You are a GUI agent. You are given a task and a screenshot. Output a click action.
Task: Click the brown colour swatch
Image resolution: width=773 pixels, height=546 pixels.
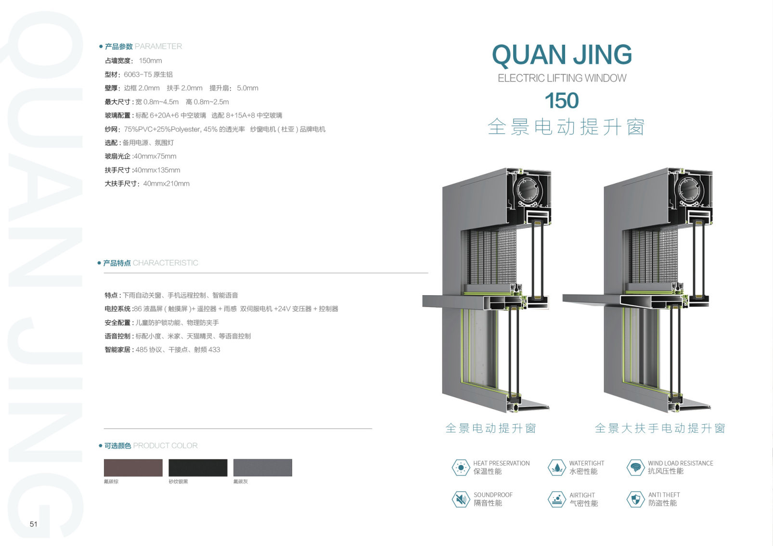(x=133, y=468)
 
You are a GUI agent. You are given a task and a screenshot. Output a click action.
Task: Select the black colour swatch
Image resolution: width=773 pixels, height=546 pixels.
(x=198, y=468)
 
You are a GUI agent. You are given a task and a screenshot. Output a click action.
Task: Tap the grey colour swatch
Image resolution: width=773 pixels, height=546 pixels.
(x=262, y=468)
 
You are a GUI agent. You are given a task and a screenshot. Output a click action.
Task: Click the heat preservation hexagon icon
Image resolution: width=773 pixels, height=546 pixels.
(x=461, y=468)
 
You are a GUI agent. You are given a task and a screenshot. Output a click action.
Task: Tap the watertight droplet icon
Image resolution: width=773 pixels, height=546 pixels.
(x=557, y=468)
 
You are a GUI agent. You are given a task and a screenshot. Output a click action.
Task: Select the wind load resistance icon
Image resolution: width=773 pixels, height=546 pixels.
(x=635, y=468)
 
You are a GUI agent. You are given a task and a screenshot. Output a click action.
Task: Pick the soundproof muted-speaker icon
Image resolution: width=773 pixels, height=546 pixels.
(x=461, y=499)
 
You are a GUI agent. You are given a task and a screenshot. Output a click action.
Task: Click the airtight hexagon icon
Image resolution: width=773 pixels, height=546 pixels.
(x=557, y=499)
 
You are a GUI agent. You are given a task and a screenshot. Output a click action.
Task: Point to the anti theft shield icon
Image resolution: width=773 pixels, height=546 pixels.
(x=635, y=499)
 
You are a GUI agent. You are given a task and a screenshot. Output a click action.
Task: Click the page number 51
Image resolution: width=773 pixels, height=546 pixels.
(x=33, y=524)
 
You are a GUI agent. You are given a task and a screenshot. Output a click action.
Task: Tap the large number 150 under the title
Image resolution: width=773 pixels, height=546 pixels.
(x=562, y=101)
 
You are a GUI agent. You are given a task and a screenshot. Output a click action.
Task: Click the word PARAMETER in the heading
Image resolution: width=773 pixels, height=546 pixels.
(x=158, y=47)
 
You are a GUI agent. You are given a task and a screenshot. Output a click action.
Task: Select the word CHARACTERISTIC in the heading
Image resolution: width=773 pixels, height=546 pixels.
(x=165, y=263)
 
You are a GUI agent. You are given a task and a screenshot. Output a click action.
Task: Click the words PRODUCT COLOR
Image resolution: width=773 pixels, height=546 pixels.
(x=165, y=446)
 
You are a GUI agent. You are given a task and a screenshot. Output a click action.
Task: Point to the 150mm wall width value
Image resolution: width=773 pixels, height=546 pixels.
(x=150, y=61)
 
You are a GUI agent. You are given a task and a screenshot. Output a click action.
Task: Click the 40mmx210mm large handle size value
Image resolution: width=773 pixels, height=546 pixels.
(x=166, y=183)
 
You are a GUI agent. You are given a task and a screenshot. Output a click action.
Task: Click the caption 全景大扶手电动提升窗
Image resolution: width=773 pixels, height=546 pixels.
(x=660, y=428)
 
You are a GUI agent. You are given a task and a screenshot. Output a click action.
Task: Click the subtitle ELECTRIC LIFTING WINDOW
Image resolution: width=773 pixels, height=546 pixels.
(x=562, y=78)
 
